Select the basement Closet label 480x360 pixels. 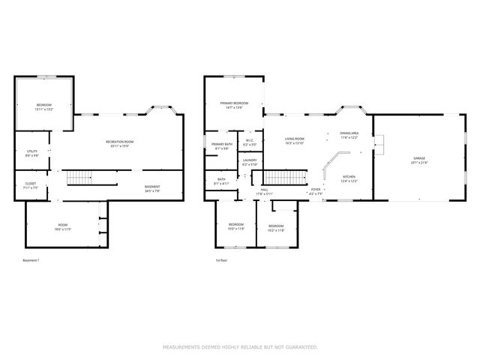pyautogui.click(x=31, y=184)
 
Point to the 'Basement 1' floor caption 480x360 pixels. pyautogui.click(x=31, y=260)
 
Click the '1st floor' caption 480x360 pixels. pyautogui.click(x=220, y=260)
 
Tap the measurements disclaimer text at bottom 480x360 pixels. pyautogui.click(x=240, y=347)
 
